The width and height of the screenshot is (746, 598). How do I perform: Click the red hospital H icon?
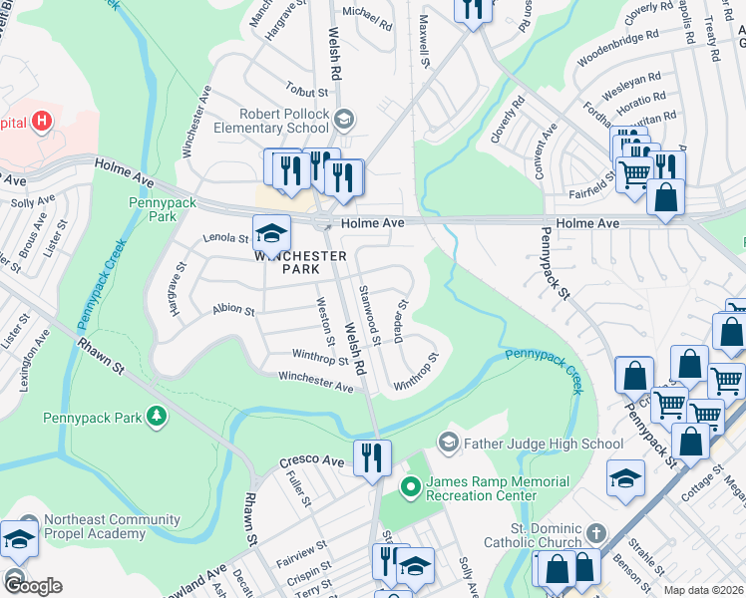(41, 122)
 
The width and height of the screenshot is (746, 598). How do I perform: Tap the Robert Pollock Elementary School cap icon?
(344, 120)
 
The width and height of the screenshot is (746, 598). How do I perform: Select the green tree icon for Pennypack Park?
(156, 415)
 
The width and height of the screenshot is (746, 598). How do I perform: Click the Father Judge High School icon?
(449, 442)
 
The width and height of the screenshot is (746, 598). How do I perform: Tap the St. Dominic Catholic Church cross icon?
(595, 533)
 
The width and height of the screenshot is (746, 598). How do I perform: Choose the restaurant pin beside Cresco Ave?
(372, 458)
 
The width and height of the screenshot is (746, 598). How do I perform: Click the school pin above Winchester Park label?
(271, 233)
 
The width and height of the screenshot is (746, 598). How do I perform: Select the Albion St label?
(233, 310)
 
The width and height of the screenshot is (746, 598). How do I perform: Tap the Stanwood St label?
(369, 314)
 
